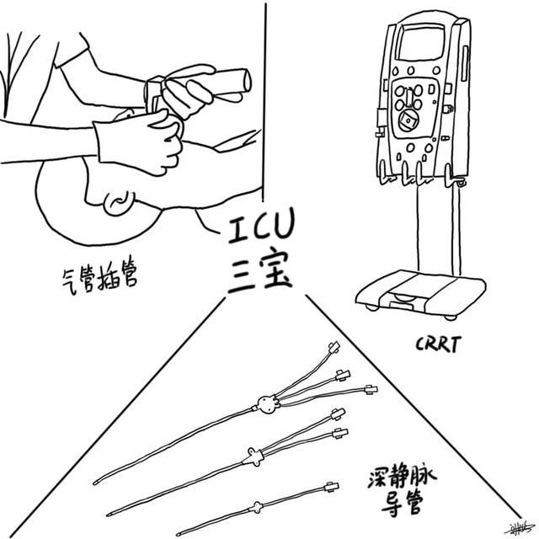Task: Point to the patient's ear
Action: pyautogui.click(x=118, y=200)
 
